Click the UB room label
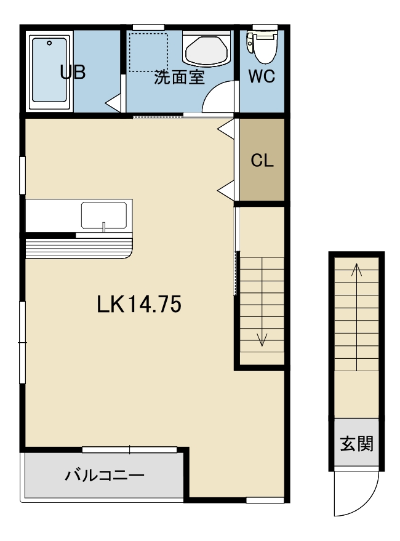(73, 73)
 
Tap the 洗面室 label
(179, 77)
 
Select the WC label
(262, 76)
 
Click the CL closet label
(262, 161)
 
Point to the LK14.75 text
(138, 304)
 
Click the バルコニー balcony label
(105, 476)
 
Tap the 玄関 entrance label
(356, 444)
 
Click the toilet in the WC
(262, 45)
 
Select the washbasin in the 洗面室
(207, 49)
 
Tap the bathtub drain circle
(49, 43)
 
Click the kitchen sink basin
(104, 215)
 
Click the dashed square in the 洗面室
(149, 52)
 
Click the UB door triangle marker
(113, 102)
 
